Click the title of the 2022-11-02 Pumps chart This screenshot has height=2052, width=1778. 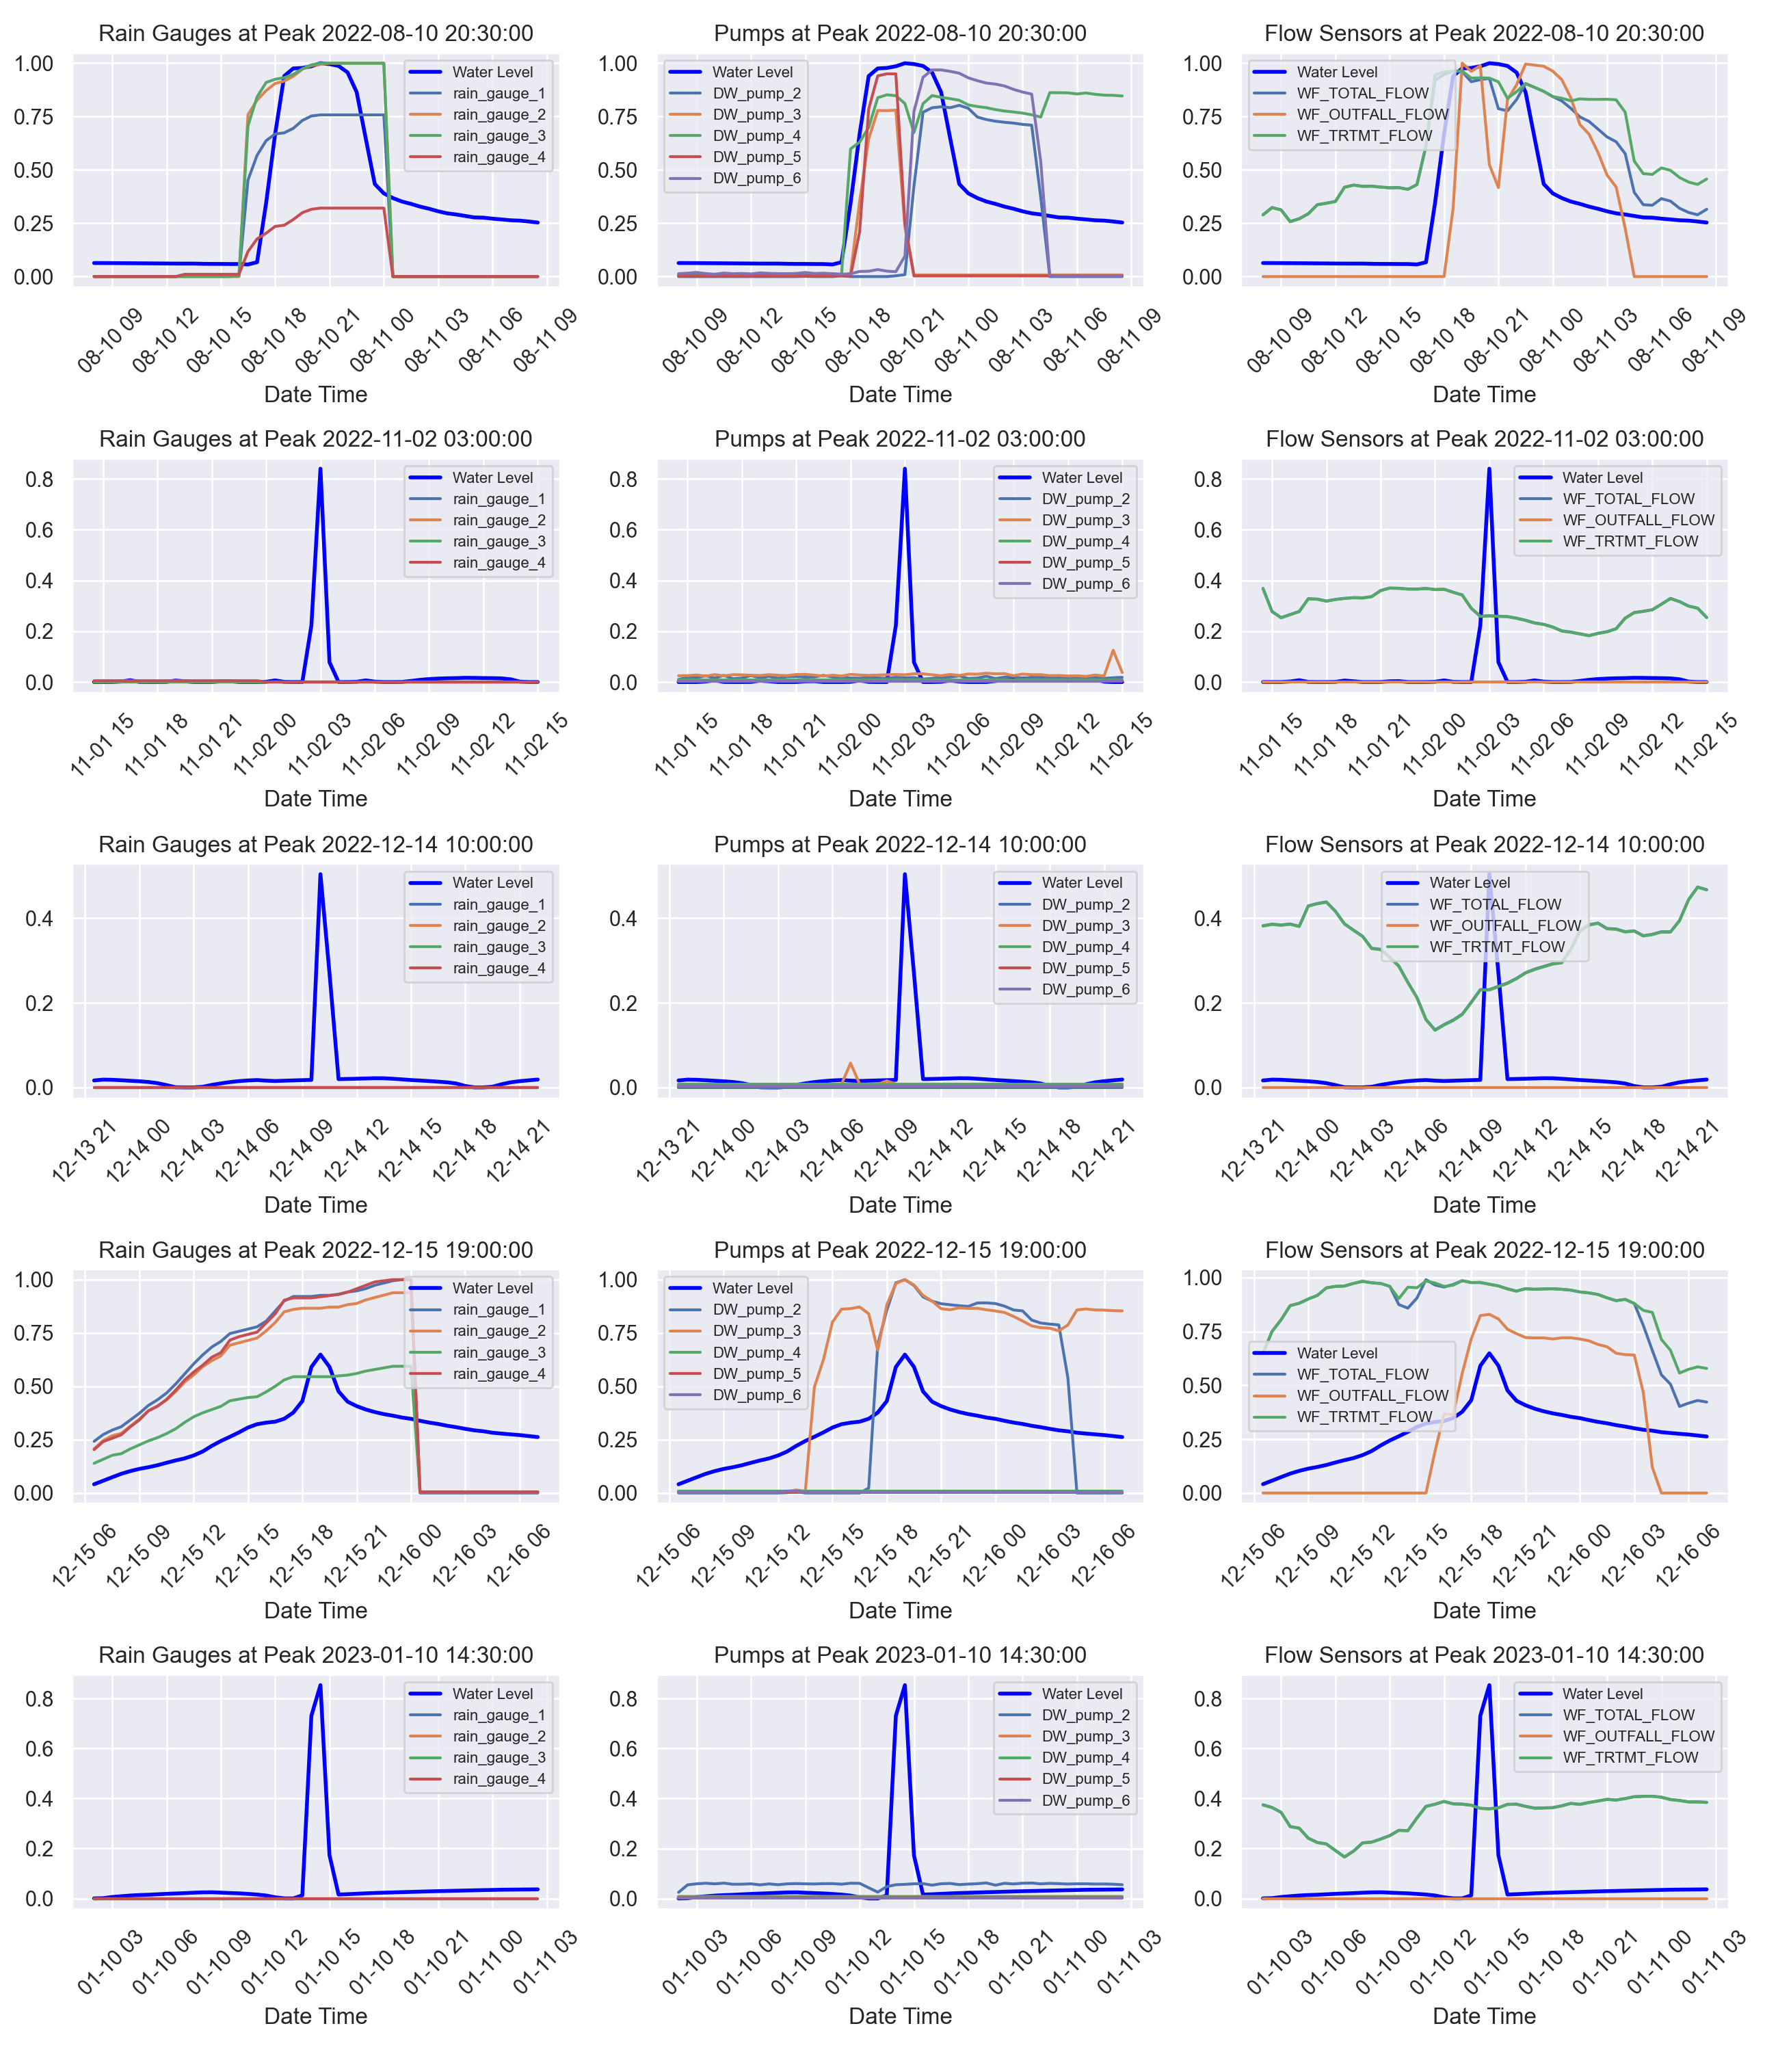pos(900,438)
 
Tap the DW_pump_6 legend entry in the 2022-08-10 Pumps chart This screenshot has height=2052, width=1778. pos(756,179)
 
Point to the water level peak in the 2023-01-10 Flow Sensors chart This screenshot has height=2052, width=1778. pos(1488,1686)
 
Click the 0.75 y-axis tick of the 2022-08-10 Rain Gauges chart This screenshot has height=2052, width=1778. pos(34,117)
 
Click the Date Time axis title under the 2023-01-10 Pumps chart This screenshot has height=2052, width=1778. pos(900,2016)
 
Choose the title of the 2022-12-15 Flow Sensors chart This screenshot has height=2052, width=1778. pos(1485,1250)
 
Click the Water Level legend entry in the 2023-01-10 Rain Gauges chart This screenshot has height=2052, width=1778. pos(492,1694)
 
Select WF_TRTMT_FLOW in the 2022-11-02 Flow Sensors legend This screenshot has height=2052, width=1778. pos(1630,542)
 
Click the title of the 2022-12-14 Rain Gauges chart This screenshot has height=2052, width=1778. pos(315,845)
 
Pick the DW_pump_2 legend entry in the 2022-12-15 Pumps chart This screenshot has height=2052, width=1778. pos(756,1310)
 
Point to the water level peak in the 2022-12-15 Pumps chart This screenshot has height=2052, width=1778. pos(904,1354)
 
